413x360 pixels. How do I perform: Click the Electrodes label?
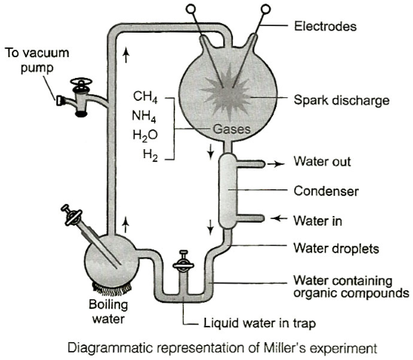[x=326, y=27]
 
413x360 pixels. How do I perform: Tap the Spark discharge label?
[x=342, y=100]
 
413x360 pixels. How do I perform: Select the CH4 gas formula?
[x=145, y=96]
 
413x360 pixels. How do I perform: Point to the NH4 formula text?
[x=144, y=116]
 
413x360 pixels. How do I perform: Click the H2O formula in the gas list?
[x=145, y=136]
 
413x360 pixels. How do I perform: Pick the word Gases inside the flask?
[x=231, y=129]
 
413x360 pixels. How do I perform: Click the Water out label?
[x=322, y=161]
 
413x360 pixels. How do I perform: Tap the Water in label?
[x=318, y=220]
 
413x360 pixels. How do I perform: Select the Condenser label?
[x=326, y=191]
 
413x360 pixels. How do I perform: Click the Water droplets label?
[x=337, y=249]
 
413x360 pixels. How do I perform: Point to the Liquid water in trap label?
[x=260, y=323]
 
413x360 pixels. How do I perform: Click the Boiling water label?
[x=108, y=312]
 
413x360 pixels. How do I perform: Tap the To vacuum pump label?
[x=37, y=60]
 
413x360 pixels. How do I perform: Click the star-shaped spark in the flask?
[x=226, y=92]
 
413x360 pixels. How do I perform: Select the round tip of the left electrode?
[x=191, y=9]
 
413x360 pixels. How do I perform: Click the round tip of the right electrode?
[x=265, y=9]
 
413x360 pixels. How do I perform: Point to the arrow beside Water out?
[x=276, y=164]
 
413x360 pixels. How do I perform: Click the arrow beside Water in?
[x=280, y=218]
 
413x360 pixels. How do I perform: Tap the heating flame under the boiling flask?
[x=112, y=289]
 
